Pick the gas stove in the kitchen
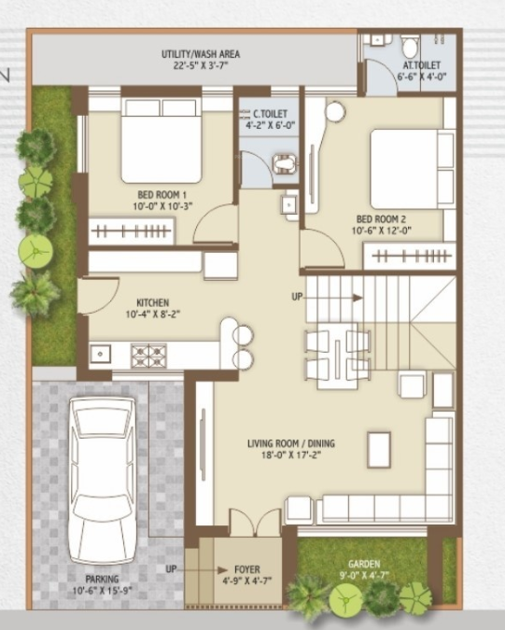click(x=147, y=354)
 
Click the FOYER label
click(x=247, y=569)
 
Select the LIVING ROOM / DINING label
click(x=290, y=443)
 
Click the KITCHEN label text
click(x=152, y=303)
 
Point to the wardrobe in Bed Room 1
click(x=132, y=230)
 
